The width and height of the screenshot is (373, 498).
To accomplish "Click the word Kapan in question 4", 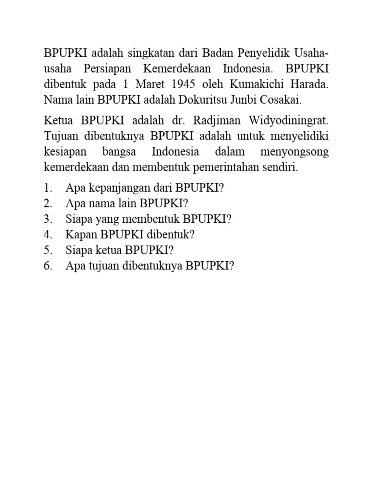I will pos(82,235).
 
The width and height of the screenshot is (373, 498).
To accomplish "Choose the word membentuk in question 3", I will pos(156,219).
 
